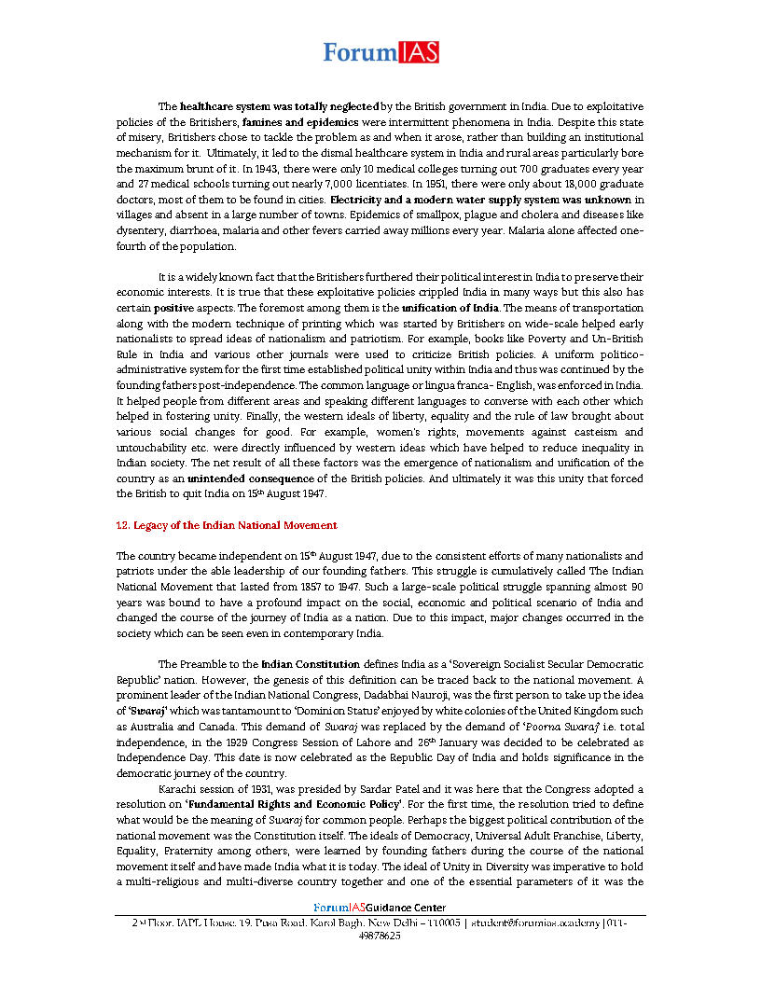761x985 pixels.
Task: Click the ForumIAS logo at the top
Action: [380, 53]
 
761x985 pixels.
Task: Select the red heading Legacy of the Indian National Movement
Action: [227, 525]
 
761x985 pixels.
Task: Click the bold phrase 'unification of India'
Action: [450, 307]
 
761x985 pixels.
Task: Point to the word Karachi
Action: [177, 790]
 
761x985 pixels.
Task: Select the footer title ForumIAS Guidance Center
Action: [380, 908]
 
